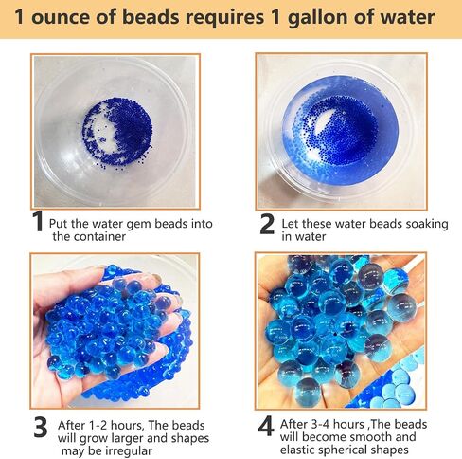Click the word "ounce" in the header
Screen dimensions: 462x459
(61, 17)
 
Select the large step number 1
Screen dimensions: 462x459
(38, 221)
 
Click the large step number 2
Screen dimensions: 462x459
(267, 224)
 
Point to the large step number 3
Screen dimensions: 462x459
(41, 427)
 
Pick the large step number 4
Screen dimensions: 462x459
(266, 426)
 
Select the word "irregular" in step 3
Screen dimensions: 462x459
(129, 450)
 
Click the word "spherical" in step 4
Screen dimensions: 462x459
(344, 450)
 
